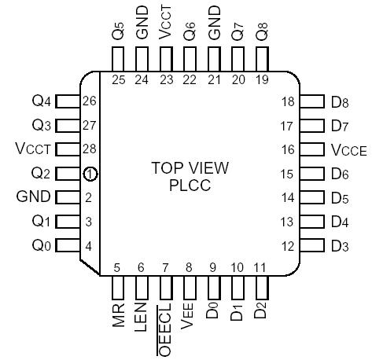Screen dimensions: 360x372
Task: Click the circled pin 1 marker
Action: (x=91, y=173)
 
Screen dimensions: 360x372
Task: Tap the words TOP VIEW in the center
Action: (x=190, y=168)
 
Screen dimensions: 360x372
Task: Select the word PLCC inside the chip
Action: (x=190, y=186)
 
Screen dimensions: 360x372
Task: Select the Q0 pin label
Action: (x=42, y=245)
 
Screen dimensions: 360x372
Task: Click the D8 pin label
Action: (x=340, y=101)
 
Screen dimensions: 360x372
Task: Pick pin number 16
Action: (x=288, y=149)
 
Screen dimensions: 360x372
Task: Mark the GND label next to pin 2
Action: (x=33, y=197)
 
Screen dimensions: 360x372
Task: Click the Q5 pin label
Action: (x=118, y=33)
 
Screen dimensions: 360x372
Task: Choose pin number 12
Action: (x=288, y=246)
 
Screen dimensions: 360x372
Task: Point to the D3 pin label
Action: (x=340, y=246)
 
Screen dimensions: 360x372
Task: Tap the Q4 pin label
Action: (x=42, y=101)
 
